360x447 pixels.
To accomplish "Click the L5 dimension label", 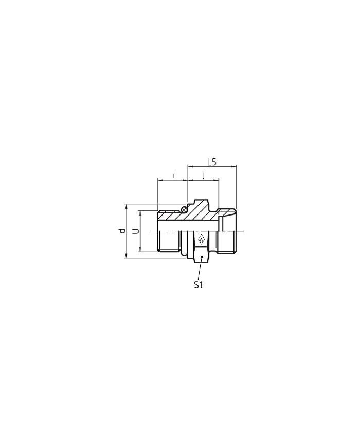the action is pyautogui.click(x=212, y=162).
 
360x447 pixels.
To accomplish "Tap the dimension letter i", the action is pyautogui.click(x=173, y=175).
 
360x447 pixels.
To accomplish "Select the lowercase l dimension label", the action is pyautogui.click(x=203, y=175).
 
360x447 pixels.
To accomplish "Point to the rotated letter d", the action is pyautogui.click(x=122, y=230).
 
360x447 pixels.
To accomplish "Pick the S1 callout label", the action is pyautogui.click(x=199, y=284).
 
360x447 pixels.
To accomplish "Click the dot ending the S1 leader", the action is pyautogui.click(x=202, y=257).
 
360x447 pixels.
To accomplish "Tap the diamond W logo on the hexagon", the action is pyautogui.click(x=201, y=239).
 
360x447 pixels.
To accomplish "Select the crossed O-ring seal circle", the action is pyautogui.click(x=184, y=210).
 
